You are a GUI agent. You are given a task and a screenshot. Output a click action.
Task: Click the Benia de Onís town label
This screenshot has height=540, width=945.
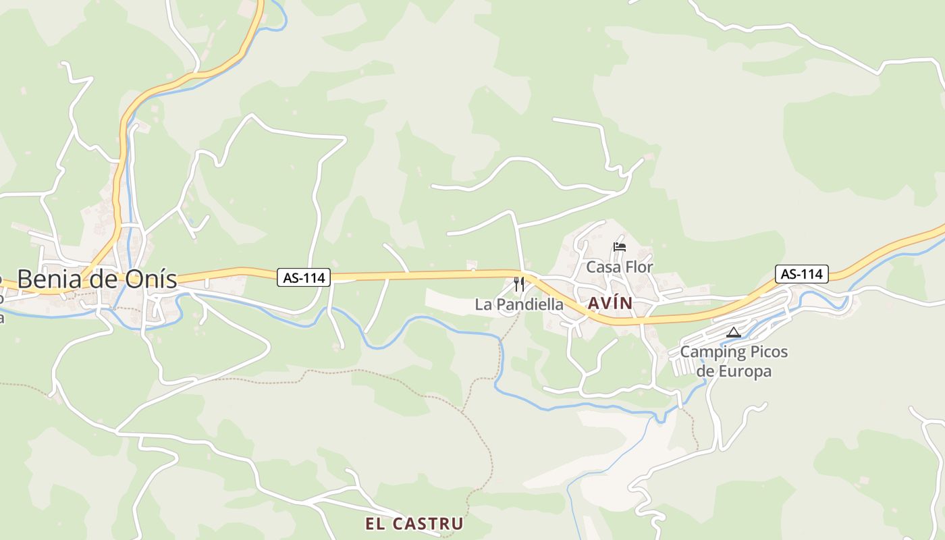point(97,279)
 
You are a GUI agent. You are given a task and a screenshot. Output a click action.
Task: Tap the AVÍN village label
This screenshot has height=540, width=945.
point(610,304)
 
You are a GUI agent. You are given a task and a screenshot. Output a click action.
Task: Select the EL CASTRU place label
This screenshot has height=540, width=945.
point(414,524)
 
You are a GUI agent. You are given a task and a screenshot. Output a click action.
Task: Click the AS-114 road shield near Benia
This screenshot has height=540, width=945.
point(303,277)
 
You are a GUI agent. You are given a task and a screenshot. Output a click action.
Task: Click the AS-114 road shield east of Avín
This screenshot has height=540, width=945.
point(802,273)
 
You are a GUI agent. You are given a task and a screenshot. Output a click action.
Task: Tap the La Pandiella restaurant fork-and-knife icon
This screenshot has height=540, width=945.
point(518,284)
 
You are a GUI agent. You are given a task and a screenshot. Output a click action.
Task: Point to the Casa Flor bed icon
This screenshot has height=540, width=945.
point(619,247)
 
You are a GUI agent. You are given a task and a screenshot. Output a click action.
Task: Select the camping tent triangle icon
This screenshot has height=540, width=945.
point(734,332)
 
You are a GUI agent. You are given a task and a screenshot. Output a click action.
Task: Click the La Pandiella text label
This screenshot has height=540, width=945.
point(519,304)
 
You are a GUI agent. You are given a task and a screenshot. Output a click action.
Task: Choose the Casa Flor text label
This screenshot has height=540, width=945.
point(619,267)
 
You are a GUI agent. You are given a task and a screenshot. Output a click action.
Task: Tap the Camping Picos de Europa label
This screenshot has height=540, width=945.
point(734,362)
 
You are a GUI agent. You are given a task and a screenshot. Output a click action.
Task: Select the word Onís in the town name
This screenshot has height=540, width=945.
point(154,279)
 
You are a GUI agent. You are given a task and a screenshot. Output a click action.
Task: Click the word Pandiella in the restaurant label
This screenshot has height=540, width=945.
point(529,304)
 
